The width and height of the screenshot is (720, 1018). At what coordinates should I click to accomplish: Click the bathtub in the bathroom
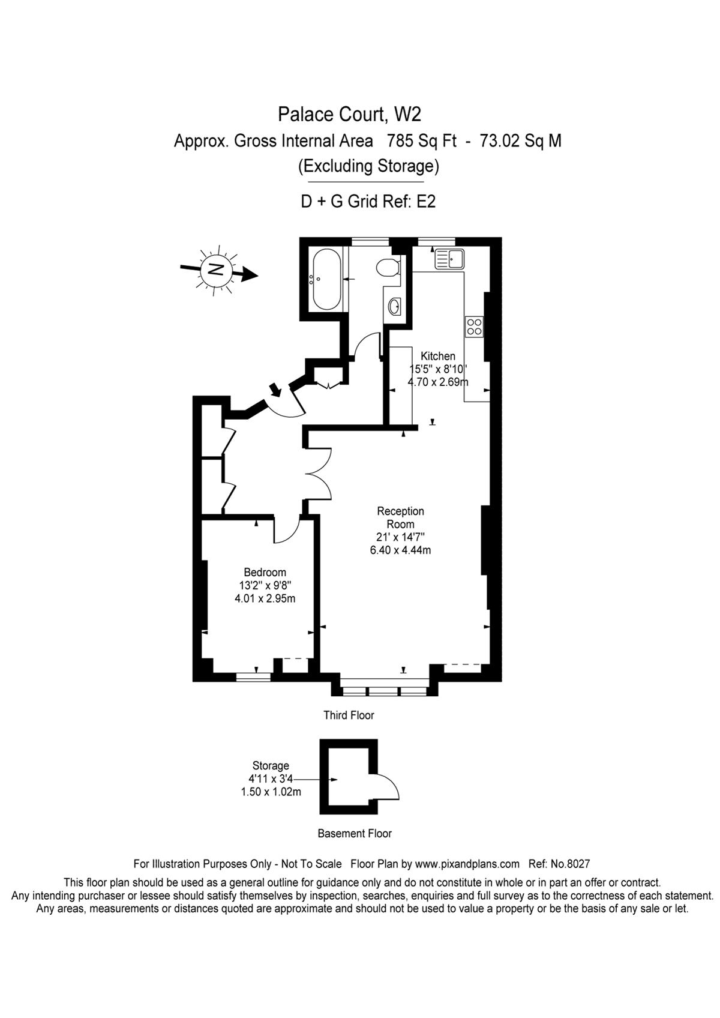pos(325,279)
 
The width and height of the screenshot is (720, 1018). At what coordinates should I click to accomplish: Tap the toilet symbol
pos(388,267)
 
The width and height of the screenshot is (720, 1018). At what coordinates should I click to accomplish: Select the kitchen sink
pos(449,259)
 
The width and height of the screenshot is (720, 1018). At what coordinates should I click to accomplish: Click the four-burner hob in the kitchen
pos(474,327)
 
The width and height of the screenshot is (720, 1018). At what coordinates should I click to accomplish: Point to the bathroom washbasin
pos(394,306)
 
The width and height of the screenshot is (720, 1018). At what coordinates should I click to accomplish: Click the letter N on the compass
pos(216,270)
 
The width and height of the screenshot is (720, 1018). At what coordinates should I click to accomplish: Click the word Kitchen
pos(438,356)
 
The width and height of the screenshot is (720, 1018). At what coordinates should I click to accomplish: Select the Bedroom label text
pos(265,572)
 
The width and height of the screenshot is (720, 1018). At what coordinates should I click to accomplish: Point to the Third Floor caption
pos(349,715)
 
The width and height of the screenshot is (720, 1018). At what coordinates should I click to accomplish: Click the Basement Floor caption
pos(355,834)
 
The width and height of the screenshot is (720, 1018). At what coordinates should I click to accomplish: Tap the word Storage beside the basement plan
pos(271,766)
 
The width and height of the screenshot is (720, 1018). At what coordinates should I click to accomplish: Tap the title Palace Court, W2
pos(349,114)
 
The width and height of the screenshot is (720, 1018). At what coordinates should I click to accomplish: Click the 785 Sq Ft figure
pos(422,141)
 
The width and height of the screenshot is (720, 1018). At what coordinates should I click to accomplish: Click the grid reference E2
pos(426,201)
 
